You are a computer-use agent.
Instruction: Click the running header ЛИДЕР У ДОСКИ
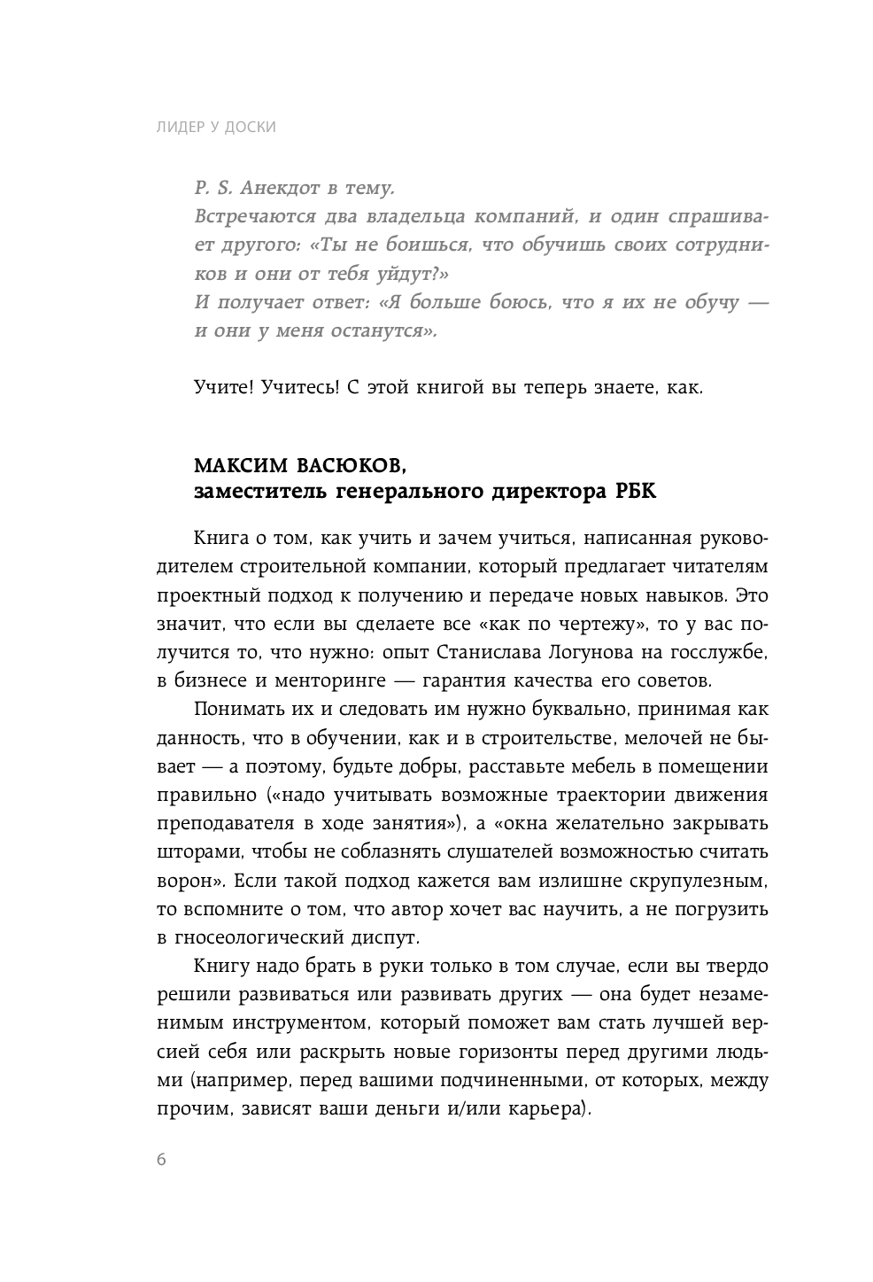(216, 127)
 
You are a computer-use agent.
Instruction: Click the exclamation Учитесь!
(301, 388)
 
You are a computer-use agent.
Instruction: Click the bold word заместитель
(259, 493)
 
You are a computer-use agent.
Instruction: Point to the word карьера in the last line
(552, 1108)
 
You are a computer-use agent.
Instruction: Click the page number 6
(161, 1162)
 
